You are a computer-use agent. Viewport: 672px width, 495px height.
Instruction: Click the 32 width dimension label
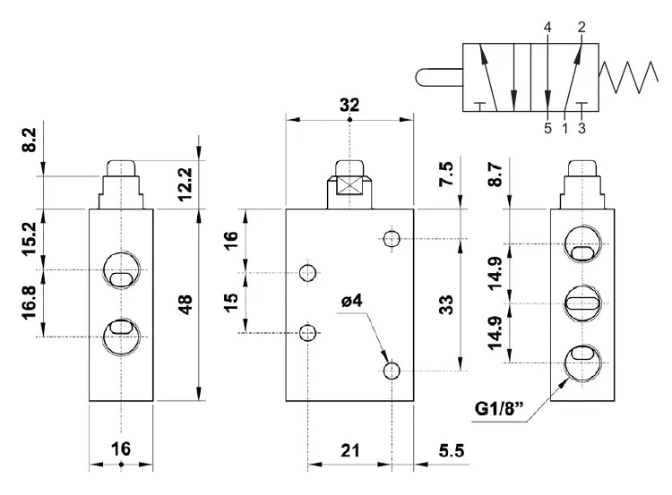(x=349, y=105)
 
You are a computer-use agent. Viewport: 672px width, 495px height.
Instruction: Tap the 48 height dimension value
(x=186, y=304)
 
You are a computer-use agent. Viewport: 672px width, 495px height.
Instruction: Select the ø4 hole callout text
(x=352, y=301)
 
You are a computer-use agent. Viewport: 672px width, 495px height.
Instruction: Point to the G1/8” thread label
(x=499, y=408)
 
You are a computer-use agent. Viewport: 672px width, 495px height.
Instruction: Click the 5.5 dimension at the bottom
(x=452, y=450)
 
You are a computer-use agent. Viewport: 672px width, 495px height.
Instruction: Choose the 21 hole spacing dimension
(x=349, y=450)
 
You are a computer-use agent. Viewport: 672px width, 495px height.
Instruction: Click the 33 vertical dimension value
(x=446, y=304)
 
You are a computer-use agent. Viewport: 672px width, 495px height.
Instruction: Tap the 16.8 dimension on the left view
(x=30, y=303)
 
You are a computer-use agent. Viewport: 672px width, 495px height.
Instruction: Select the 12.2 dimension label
(x=185, y=184)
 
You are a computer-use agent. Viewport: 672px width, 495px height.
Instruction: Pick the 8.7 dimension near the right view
(x=495, y=174)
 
